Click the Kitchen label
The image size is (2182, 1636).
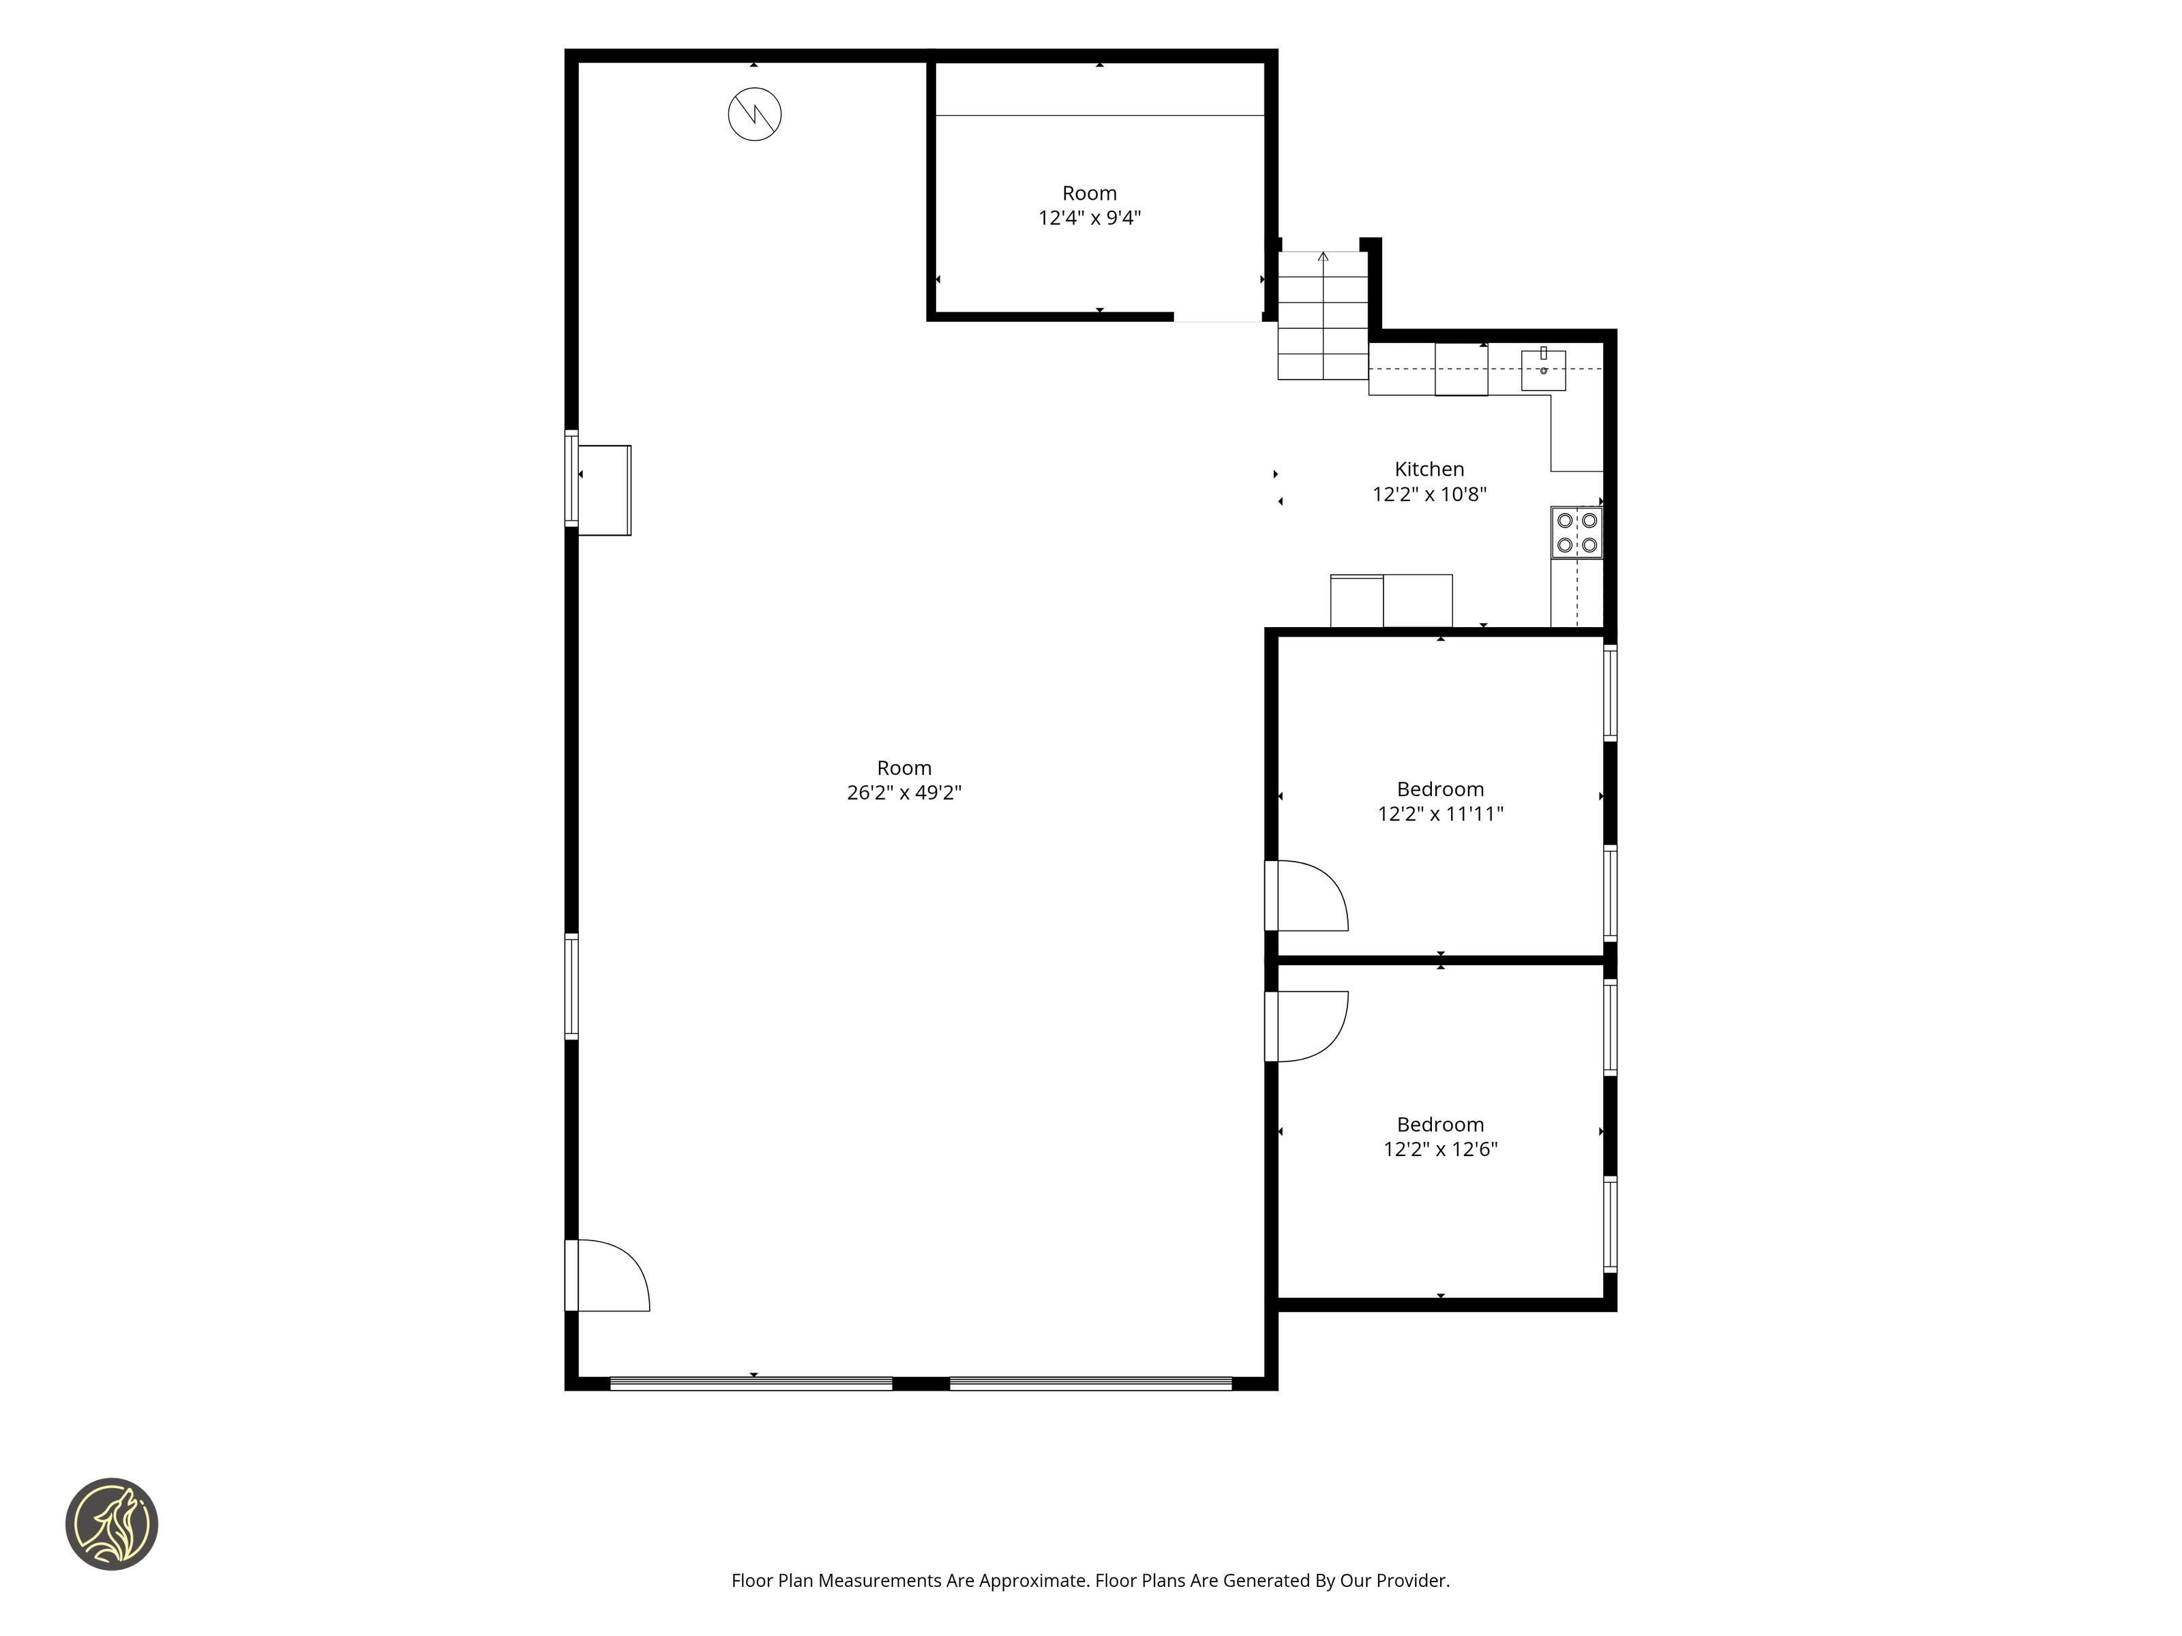pyautogui.click(x=1429, y=470)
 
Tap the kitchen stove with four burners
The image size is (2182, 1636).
pyautogui.click(x=1576, y=532)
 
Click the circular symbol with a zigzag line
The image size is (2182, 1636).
pyautogui.click(x=755, y=115)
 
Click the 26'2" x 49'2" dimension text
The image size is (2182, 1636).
pyautogui.click(x=903, y=792)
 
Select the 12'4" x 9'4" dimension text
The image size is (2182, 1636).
pyautogui.click(x=1089, y=218)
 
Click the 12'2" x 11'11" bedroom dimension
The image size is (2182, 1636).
pyautogui.click(x=1440, y=813)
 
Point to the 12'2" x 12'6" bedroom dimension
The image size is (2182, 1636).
pyautogui.click(x=1440, y=1149)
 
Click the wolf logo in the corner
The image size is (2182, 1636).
pyautogui.click(x=111, y=1524)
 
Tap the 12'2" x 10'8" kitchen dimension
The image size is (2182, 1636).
pyautogui.click(x=1429, y=494)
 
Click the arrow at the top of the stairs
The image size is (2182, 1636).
pyautogui.click(x=1323, y=258)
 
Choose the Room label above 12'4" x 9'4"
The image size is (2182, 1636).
pyautogui.click(x=1089, y=194)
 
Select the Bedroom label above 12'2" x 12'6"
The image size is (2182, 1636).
pyautogui.click(x=1440, y=1124)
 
